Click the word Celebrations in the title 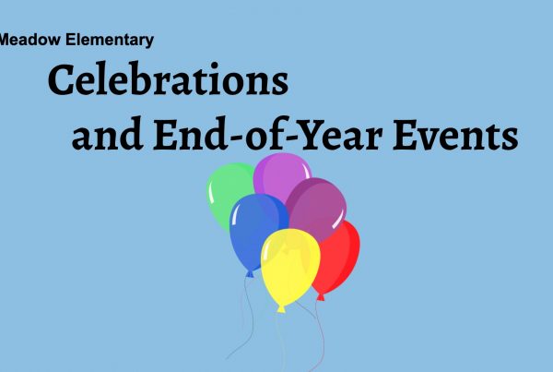[168, 78]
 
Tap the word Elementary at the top [110, 40]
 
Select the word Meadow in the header [30, 39]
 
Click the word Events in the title [455, 135]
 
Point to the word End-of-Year [268, 134]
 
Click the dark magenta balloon [317, 209]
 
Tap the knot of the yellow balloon [281, 309]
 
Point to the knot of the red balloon [321, 297]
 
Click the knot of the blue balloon [250, 274]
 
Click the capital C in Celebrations [63, 79]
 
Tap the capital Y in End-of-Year [311, 135]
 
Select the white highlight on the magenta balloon [338, 219]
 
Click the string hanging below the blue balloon [247, 318]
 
